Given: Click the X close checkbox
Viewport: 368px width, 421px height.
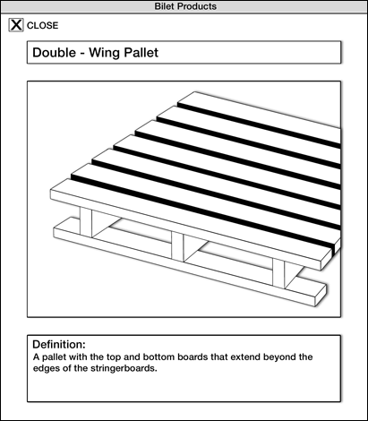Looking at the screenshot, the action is point(16,25).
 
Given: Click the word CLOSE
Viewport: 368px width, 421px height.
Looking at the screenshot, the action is point(43,26).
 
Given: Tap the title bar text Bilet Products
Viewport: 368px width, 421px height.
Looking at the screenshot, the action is point(185,6).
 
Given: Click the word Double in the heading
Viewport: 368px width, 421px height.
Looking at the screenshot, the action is point(55,53).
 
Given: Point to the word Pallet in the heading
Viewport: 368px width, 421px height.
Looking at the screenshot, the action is point(141,53).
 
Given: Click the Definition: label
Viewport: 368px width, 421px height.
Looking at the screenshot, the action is point(59,344).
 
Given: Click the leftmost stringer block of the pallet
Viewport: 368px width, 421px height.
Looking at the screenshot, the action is point(86,222).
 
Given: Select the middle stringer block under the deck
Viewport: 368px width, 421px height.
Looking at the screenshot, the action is point(178,246).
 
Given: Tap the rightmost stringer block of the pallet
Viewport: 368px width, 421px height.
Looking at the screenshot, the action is point(278,273).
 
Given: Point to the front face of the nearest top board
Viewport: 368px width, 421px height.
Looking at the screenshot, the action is point(185,230).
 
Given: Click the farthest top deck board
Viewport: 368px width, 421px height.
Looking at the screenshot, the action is point(261,116).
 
